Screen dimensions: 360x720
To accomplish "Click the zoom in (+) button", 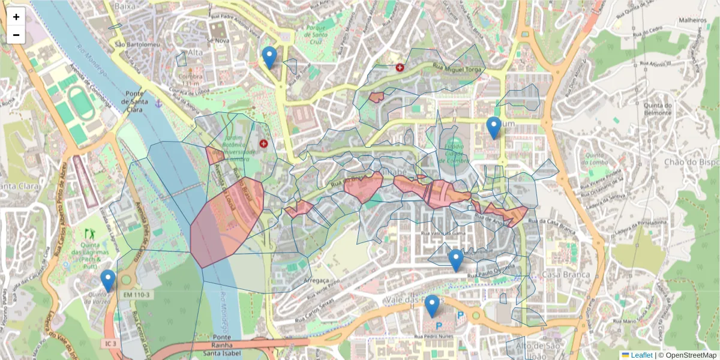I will point(16,17).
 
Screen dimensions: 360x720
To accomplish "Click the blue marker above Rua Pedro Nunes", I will point(432,306).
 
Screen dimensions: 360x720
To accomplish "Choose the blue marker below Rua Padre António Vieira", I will point(270,58).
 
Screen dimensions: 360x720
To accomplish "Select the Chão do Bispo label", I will point(691,162).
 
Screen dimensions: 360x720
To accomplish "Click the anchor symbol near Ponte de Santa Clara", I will point(158,104).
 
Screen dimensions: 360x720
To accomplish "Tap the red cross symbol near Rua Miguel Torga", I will point(400,68).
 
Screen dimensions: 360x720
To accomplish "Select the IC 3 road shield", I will point(109,344).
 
